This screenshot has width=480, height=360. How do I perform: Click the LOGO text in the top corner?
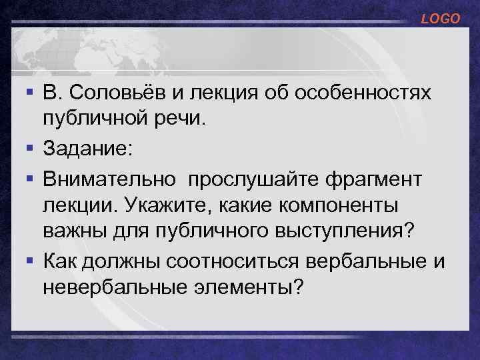pyautogui.click(x=440, y=19)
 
